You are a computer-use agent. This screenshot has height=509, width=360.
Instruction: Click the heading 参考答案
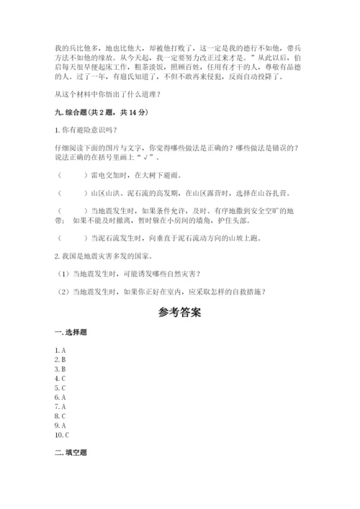point(179,312)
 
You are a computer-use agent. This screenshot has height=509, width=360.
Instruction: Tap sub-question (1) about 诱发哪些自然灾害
point(130,274)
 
